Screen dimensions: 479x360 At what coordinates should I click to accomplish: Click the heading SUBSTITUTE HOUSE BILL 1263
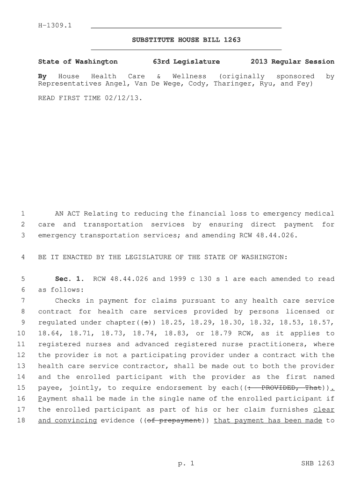pos(186,40)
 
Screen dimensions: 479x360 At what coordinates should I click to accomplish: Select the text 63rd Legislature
pos(186,62)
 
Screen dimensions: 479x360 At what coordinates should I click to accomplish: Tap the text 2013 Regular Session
pos(292,62)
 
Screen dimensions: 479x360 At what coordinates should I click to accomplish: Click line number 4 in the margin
pos(23,257)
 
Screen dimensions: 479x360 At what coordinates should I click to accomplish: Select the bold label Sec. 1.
pos(69,279)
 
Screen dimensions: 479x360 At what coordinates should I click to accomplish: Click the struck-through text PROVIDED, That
pos(290,388)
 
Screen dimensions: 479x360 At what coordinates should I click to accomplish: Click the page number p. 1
pos(186,464)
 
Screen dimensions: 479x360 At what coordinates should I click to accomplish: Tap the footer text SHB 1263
pos(318,464)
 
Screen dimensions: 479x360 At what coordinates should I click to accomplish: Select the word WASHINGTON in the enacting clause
pos(262,257)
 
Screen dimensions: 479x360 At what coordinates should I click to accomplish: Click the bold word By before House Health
pos(42,76)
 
